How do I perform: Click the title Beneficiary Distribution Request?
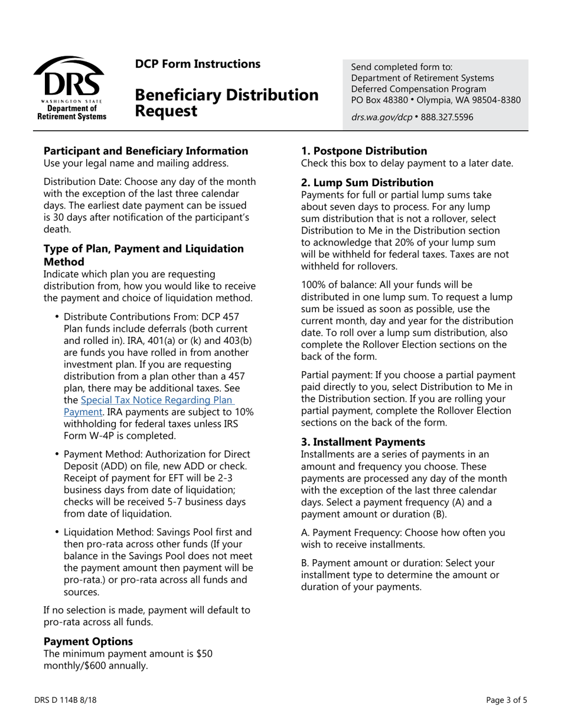pos(226,102)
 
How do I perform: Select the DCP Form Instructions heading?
pos(197,64)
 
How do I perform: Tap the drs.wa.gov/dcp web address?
pos(381,117)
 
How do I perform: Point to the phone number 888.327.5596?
pos(447,117)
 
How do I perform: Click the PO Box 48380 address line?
pos(436,100)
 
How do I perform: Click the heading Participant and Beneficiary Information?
pos(146,151)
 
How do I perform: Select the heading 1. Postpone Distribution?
pos(364,151)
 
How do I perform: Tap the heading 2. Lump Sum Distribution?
pos(367,183)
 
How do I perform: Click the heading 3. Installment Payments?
pos(363,442)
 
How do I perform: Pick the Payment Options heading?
pos(88,641)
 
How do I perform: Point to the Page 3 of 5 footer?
pos(506,700)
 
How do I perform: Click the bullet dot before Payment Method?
pos(57,455)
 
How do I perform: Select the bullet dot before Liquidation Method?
pos(57,532)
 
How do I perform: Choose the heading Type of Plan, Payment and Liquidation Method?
pos(143,255)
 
